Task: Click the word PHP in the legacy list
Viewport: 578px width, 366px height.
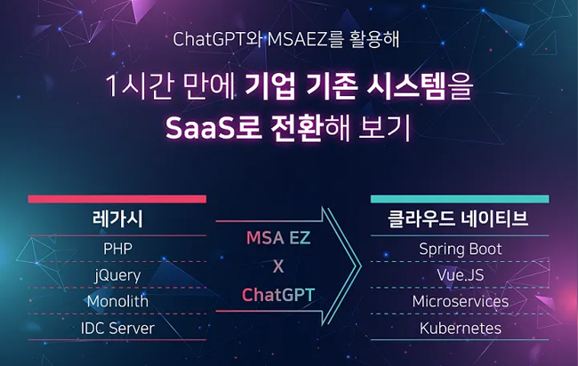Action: [116, 249]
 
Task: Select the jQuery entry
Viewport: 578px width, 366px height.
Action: [116, 275]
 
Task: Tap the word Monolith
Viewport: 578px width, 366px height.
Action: [116, 302]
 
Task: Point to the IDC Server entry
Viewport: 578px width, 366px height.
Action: [116, 329]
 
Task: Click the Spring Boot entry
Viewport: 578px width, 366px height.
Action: [460, 249]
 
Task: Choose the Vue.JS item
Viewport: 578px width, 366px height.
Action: [460, 275]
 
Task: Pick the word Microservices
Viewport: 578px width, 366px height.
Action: [460, 302]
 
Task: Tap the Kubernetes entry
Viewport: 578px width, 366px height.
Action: [460, 329]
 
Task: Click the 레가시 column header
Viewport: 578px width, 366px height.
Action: [116, 219]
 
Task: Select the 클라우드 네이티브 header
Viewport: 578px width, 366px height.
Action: [460, 219]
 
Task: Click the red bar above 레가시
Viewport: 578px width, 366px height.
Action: [116, 199]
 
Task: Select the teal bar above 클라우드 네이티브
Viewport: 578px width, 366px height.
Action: [460, 199]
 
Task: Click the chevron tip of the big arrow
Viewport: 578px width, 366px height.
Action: [357, 265]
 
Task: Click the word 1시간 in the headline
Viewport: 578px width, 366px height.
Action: [135, 87]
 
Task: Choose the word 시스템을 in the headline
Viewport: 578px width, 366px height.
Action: [416, 87]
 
